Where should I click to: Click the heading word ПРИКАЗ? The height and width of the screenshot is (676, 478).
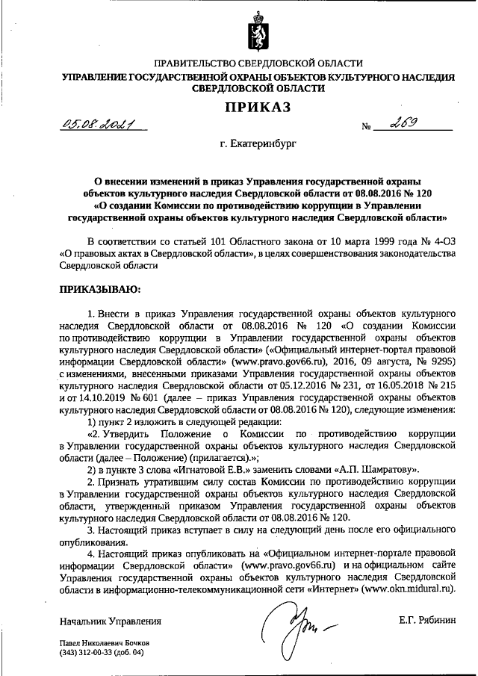[x=257, y=108]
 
